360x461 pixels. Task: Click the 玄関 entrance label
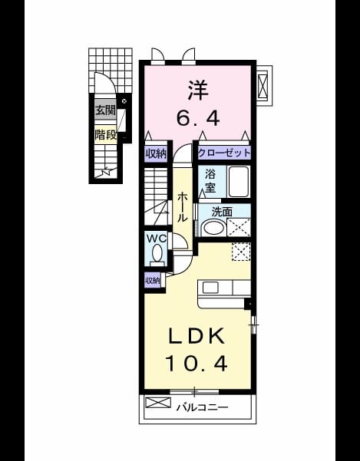coord(105,111)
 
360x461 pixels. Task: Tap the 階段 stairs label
coord(105,135)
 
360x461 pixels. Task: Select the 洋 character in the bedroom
coord(197,91)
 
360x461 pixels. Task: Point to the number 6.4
coord(197,118)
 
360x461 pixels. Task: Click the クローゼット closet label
coord(224,153)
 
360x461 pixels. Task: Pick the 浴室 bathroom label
coord(210,181)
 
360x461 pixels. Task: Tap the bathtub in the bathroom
coord(239,181)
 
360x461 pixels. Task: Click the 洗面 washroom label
coord(222,212)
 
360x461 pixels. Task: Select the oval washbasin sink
coord(213,228)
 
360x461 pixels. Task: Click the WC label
coord(157,239)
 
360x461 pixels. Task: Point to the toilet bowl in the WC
coord(157,255)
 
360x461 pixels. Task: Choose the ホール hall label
coord(183,207)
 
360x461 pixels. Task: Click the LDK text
coord(197,336)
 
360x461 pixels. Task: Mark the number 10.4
coord(197,364)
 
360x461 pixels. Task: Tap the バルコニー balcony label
coord(203,408)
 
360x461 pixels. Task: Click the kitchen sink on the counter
coord(210,288)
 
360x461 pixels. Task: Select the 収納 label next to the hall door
coord(156,153)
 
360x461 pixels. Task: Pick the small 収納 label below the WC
coord(153,281)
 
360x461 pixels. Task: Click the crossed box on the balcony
coord(158,403)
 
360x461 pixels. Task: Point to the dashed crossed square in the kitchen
coord(241,252)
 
